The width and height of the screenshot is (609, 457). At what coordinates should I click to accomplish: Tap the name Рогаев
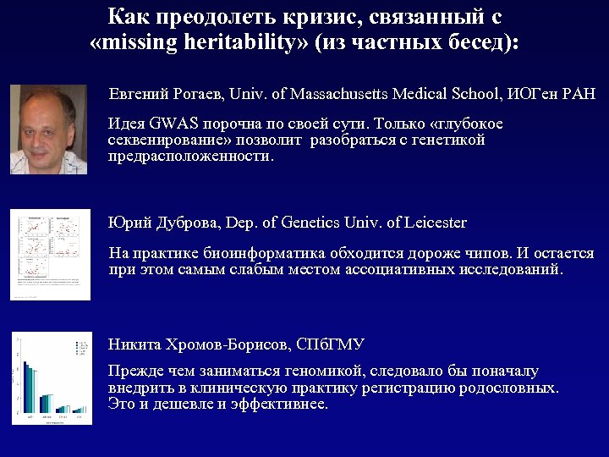pyautogui.click(x=195, y=93)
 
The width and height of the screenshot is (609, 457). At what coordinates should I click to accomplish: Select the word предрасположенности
pyautogui.click(x=191, y=157)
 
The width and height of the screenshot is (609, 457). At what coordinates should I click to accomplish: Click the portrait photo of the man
pyautogui.click(x=49, y=129)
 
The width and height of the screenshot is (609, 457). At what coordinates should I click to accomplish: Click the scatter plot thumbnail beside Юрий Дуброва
pyautogui.click(x=51, y=254)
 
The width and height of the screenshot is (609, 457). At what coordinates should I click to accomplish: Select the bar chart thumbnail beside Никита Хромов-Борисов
pyautogui.click(x=51, y=378)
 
